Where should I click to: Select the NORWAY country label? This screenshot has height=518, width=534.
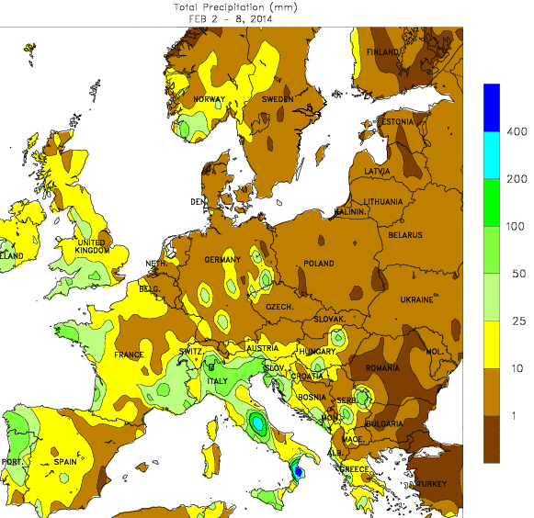[x=210, y=99]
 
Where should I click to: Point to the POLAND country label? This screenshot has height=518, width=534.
[x=319, y=264]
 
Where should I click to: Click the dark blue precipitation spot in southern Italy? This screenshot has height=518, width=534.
[x=297, y=471]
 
